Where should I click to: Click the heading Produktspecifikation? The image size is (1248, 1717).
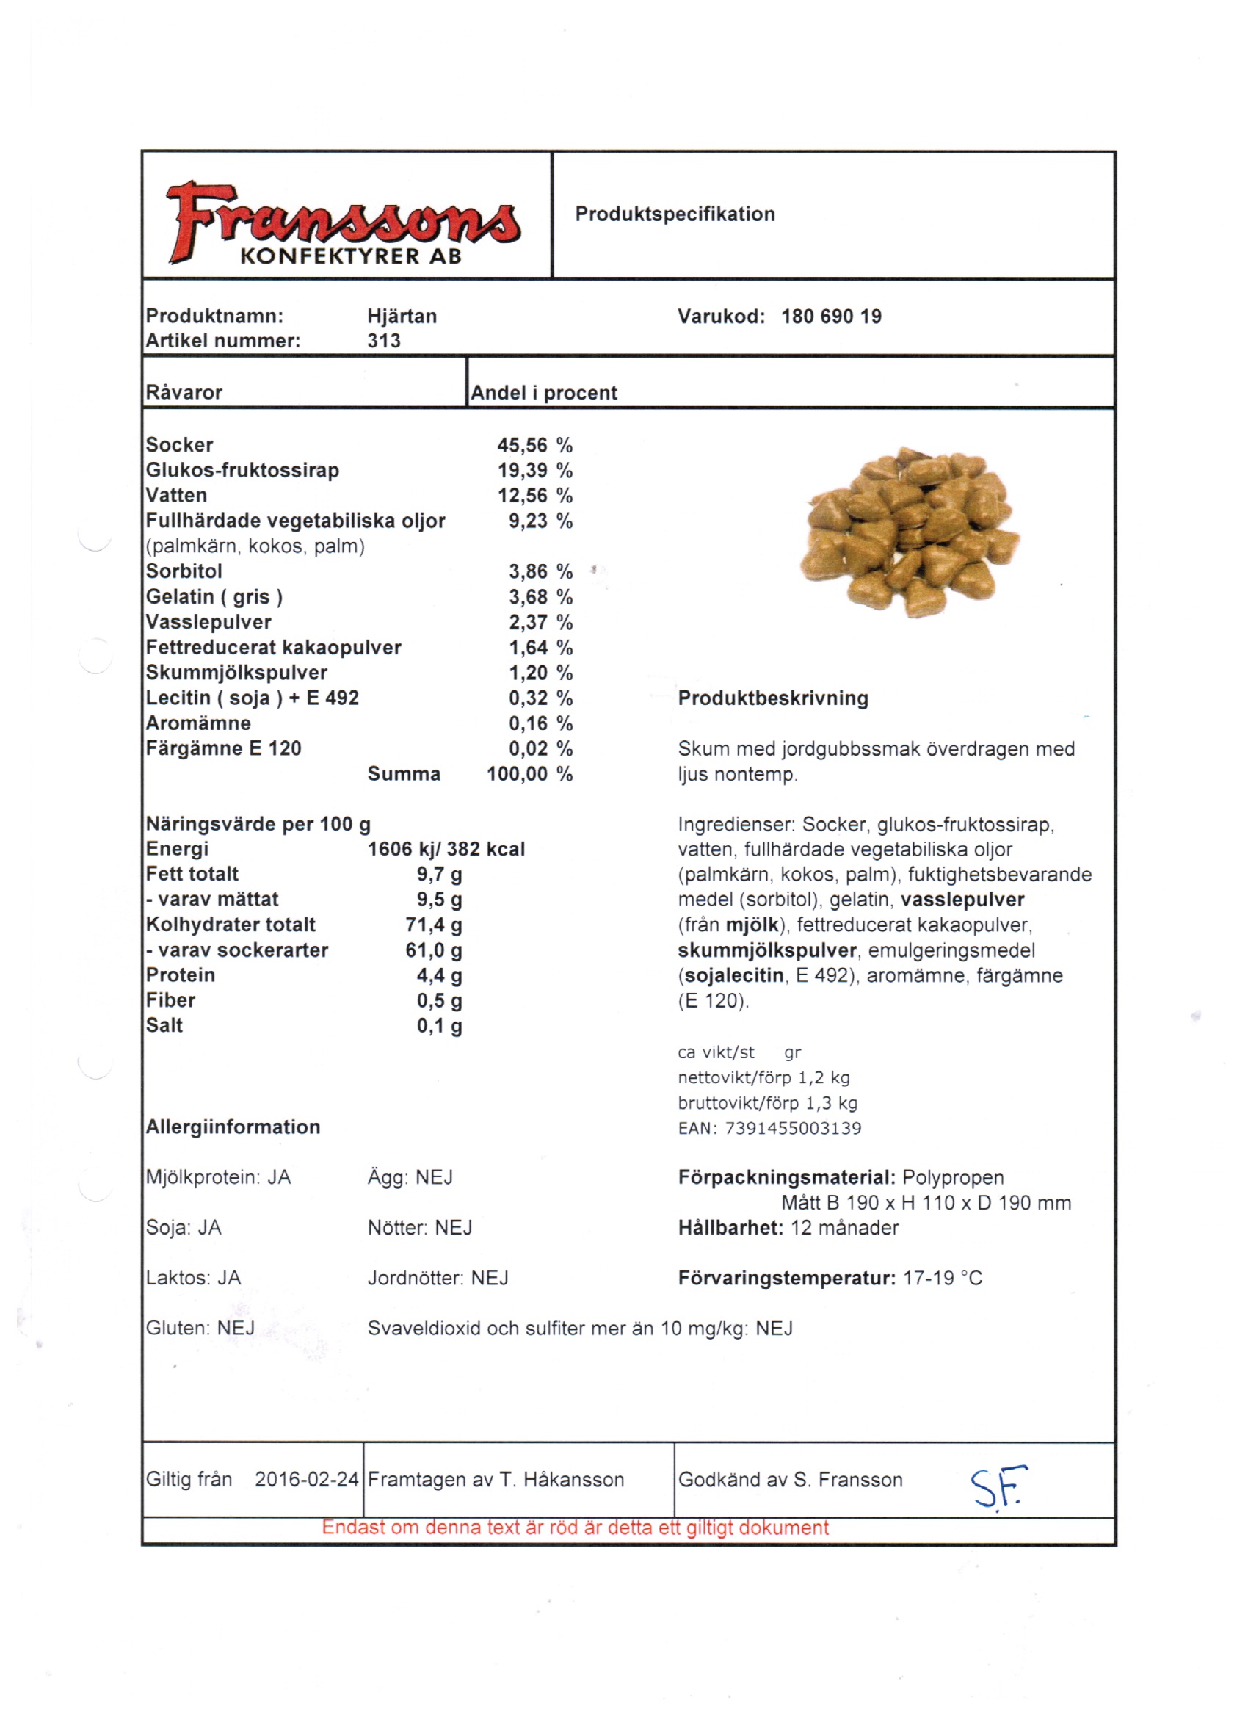click(x=675, y=214)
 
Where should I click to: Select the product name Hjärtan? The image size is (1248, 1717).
click(x=402, y=317)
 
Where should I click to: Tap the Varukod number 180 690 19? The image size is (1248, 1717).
click(x=831, y=317)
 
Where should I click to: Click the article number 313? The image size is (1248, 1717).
click(x=384, y=341)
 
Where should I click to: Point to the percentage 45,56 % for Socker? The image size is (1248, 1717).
click(x=534, y=445)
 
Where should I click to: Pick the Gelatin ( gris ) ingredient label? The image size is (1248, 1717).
click(x=214, y=597)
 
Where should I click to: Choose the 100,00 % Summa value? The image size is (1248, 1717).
click(x=529, y=774)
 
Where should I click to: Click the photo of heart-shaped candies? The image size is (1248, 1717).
click(x=910, y=532)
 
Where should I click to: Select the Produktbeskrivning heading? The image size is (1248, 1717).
click(x=773, y=698)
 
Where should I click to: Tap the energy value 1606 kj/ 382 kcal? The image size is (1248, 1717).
click(x=446, y=850)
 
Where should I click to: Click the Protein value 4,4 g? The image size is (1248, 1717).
click(x=439, y=975)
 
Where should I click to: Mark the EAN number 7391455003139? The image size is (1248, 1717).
click(x=792, y=1129)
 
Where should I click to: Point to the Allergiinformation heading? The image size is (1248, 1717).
click(x=233, y=1127)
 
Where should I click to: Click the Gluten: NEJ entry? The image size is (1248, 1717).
click(x=200, y=1328)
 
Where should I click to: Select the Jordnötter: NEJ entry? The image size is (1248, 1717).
click(x=438, y=1278)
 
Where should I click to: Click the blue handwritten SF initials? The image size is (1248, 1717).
click(x=998, y=1488)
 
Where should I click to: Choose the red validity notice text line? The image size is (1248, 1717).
click(x=576, y=1527)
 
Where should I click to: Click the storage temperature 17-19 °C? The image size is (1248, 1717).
click(x=943, y=1278)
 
